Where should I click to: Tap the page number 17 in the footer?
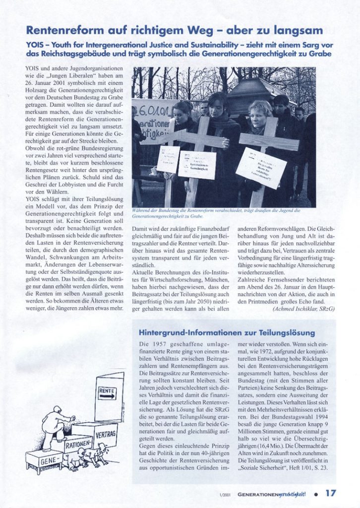331,493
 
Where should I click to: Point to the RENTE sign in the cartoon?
107,391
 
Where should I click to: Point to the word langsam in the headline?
298,31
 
